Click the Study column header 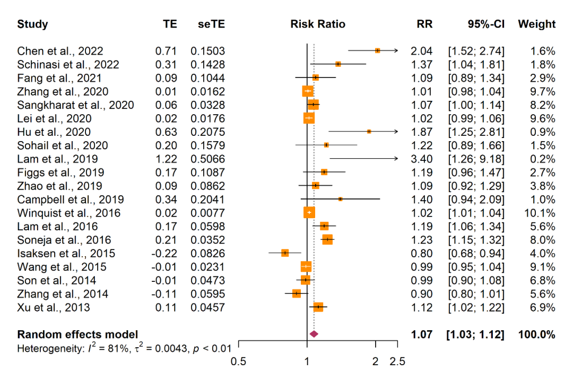pyautogui.click(x=32, y=24)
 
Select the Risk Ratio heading pyautogui.click(x=318, y=24)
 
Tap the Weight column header pyautogui.click(x=536, y=24)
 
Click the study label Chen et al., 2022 pyautogui.click(x=60, y=51)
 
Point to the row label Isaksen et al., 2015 pyautogui.click(x=66, y=253)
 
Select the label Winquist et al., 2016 pyautogui.click(x=68, y=213)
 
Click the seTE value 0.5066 pyautogui.click(x=208, y=159)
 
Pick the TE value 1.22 pyautogui.click(x=166, y=159)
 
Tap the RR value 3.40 pyautogui.click(x=421, y=159)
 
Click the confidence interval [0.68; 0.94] pyautogui.click(x=476, y=253)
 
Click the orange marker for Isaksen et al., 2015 pyautogui.click(x=285, y=253)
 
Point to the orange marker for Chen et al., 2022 pyautogui.click(x=377, y=50)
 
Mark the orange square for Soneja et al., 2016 pyautogui.click(x=327, y=239)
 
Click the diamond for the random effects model pyautogui.click(x=314, y=334)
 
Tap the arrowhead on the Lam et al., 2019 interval pyautogui.click(x=395, y=158)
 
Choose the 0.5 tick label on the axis pyautogui.click(x=239, y=362)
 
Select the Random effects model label pyautogui.click(x=77, y=334)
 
